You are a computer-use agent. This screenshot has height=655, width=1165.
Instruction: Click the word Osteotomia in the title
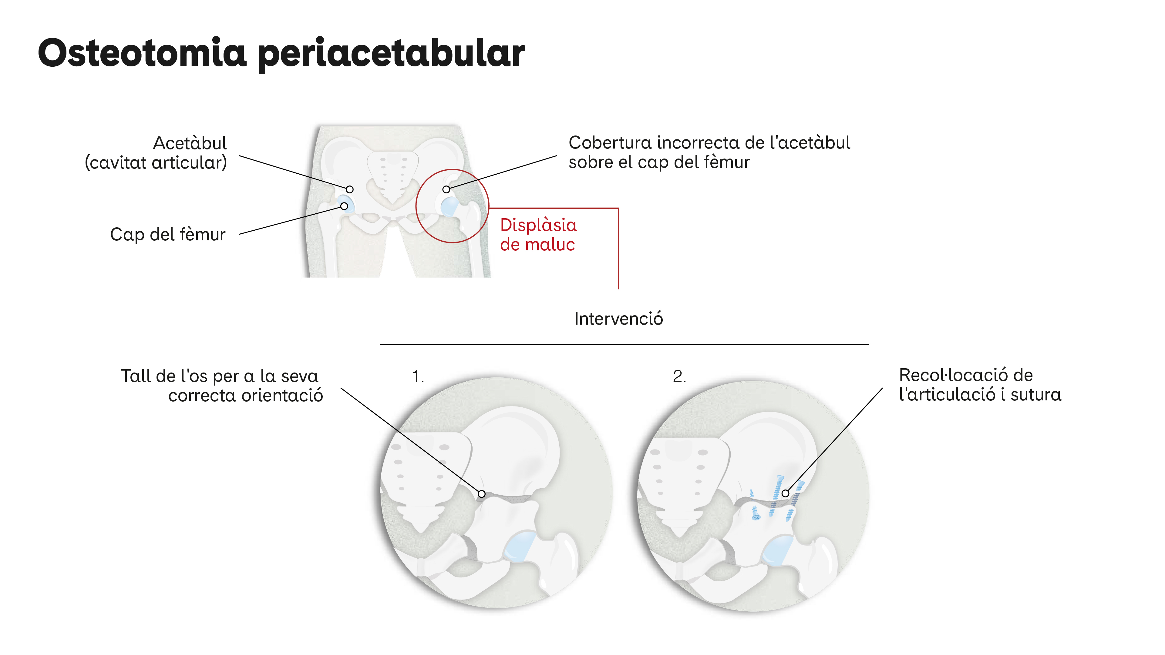click(x=142, y=52)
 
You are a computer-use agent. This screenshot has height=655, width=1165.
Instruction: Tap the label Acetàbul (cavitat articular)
click(x=156, y=153)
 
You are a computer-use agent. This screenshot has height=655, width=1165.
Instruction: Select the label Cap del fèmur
click(x=168, y=234)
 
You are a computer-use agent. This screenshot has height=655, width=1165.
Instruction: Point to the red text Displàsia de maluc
click(x=538, y=235)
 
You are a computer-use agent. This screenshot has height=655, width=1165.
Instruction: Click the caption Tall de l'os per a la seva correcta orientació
click(x=222, y=386)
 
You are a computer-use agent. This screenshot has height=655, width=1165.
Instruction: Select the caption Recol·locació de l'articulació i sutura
click(x=980, y=385)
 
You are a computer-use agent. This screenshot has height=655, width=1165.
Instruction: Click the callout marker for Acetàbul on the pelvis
click(x=350, y=189)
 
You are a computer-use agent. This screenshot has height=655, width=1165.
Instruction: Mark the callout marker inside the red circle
click(x=446, y=189)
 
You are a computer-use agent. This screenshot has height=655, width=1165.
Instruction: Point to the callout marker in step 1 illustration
click(x=482, y=494)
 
